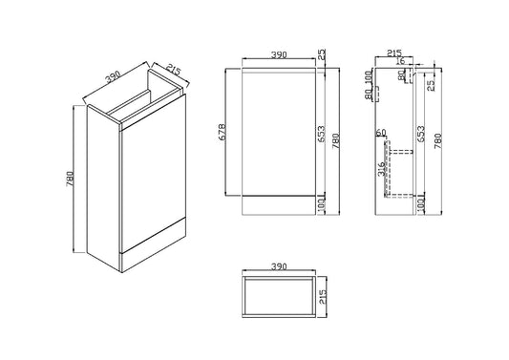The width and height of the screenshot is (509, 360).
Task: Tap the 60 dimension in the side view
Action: [380, 132]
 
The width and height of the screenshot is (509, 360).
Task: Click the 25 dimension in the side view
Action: [433, 87]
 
